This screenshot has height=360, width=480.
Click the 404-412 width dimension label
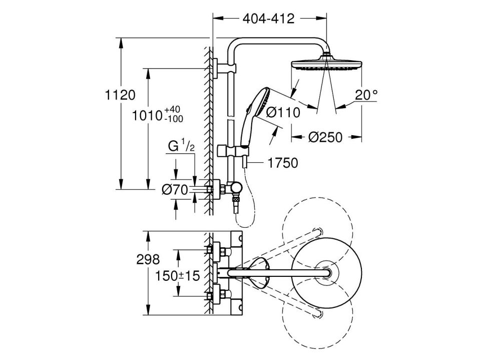point(269,19)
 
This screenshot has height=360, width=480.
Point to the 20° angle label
point(366,94)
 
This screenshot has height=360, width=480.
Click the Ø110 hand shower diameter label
point(283,112)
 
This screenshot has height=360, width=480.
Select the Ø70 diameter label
point(175,189)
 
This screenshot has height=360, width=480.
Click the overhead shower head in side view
point(325,65)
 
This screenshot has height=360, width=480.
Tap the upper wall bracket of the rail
point(216,68)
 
